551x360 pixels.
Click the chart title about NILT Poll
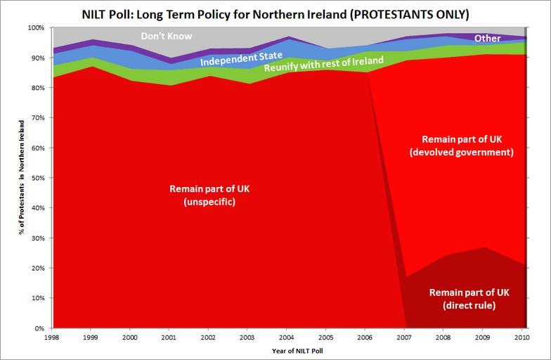click(x=275, y=14)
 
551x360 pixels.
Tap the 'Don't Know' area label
click(x=167, y=37)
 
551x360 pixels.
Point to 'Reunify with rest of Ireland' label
click(x=324, y=65)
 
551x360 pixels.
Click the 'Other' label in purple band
click(x=488, y=39)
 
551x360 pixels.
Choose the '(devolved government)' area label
click(x=461, y=152)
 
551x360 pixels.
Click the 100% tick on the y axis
click(x=35, y=28)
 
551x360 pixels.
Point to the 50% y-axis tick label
click(x=37, y=178)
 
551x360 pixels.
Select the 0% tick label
click(x=39, y=328)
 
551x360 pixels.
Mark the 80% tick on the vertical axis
click(x=37, y=88)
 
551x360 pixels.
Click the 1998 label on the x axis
click(x=50, y=337)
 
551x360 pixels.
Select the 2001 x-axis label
click(x=169, y=337)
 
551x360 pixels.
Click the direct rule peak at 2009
click(x=484, y=248)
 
